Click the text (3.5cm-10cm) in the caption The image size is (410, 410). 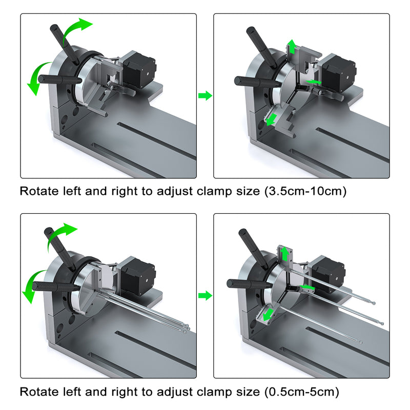coord(306,192)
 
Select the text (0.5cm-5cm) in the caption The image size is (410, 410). coord(302,392)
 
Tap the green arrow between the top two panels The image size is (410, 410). coord(205,95)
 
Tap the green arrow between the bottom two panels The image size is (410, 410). coord(205,296)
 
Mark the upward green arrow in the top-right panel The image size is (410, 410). coord(292,47)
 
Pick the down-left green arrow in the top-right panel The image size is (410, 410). coord(272,119)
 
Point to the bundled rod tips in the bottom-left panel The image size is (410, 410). coord(184,328)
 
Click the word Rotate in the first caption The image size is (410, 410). coord(37,192)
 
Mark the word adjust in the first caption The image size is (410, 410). coord(176,192)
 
